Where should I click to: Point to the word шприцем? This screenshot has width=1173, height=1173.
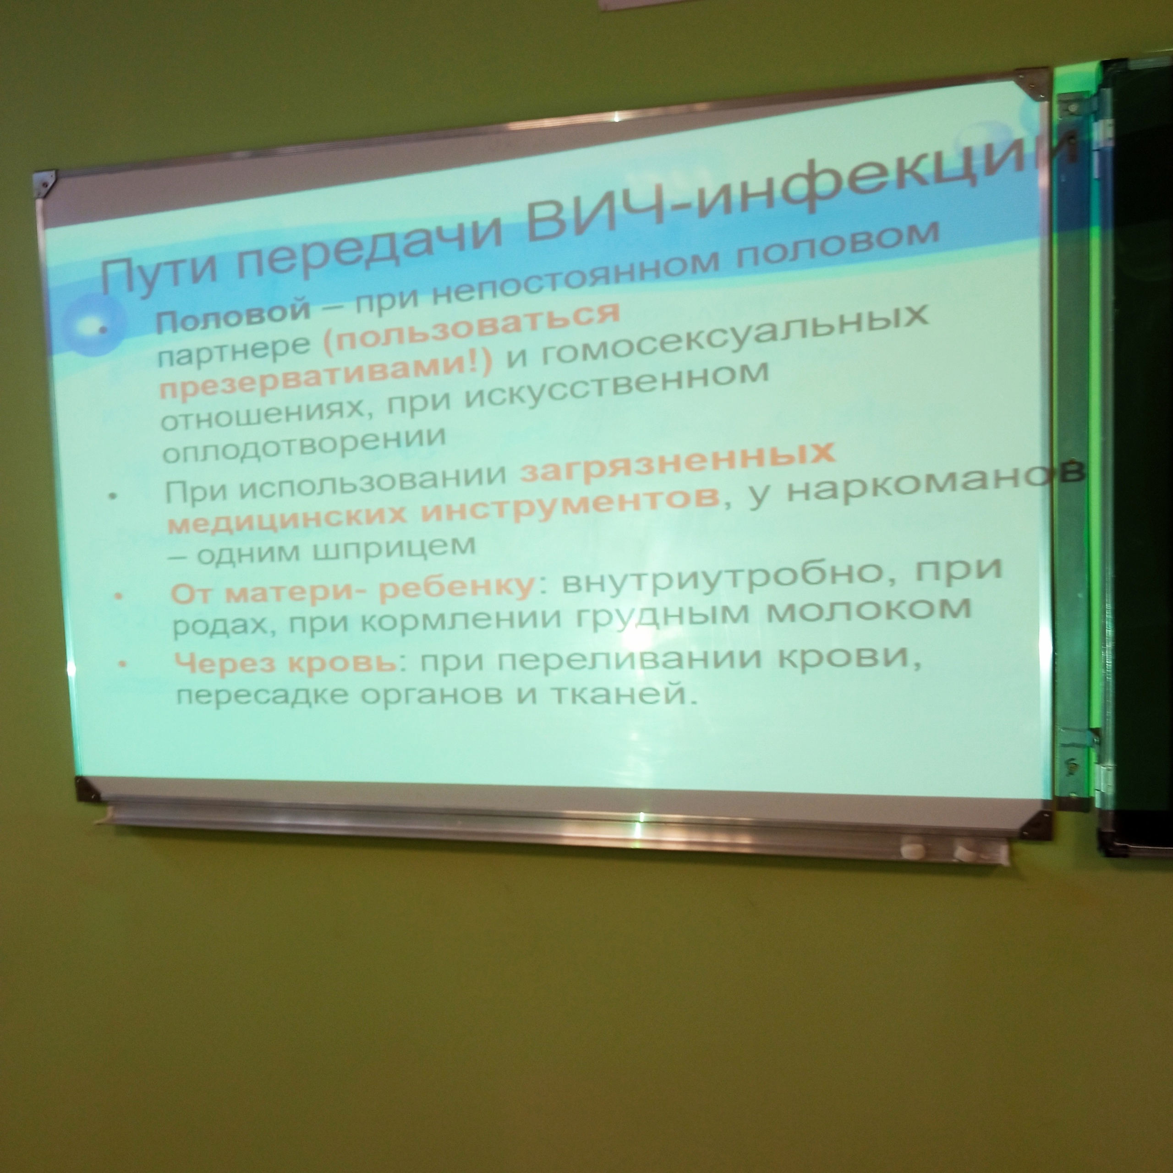[x=394, y=549]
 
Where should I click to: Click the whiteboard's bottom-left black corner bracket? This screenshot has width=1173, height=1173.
[x=87, y=789]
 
